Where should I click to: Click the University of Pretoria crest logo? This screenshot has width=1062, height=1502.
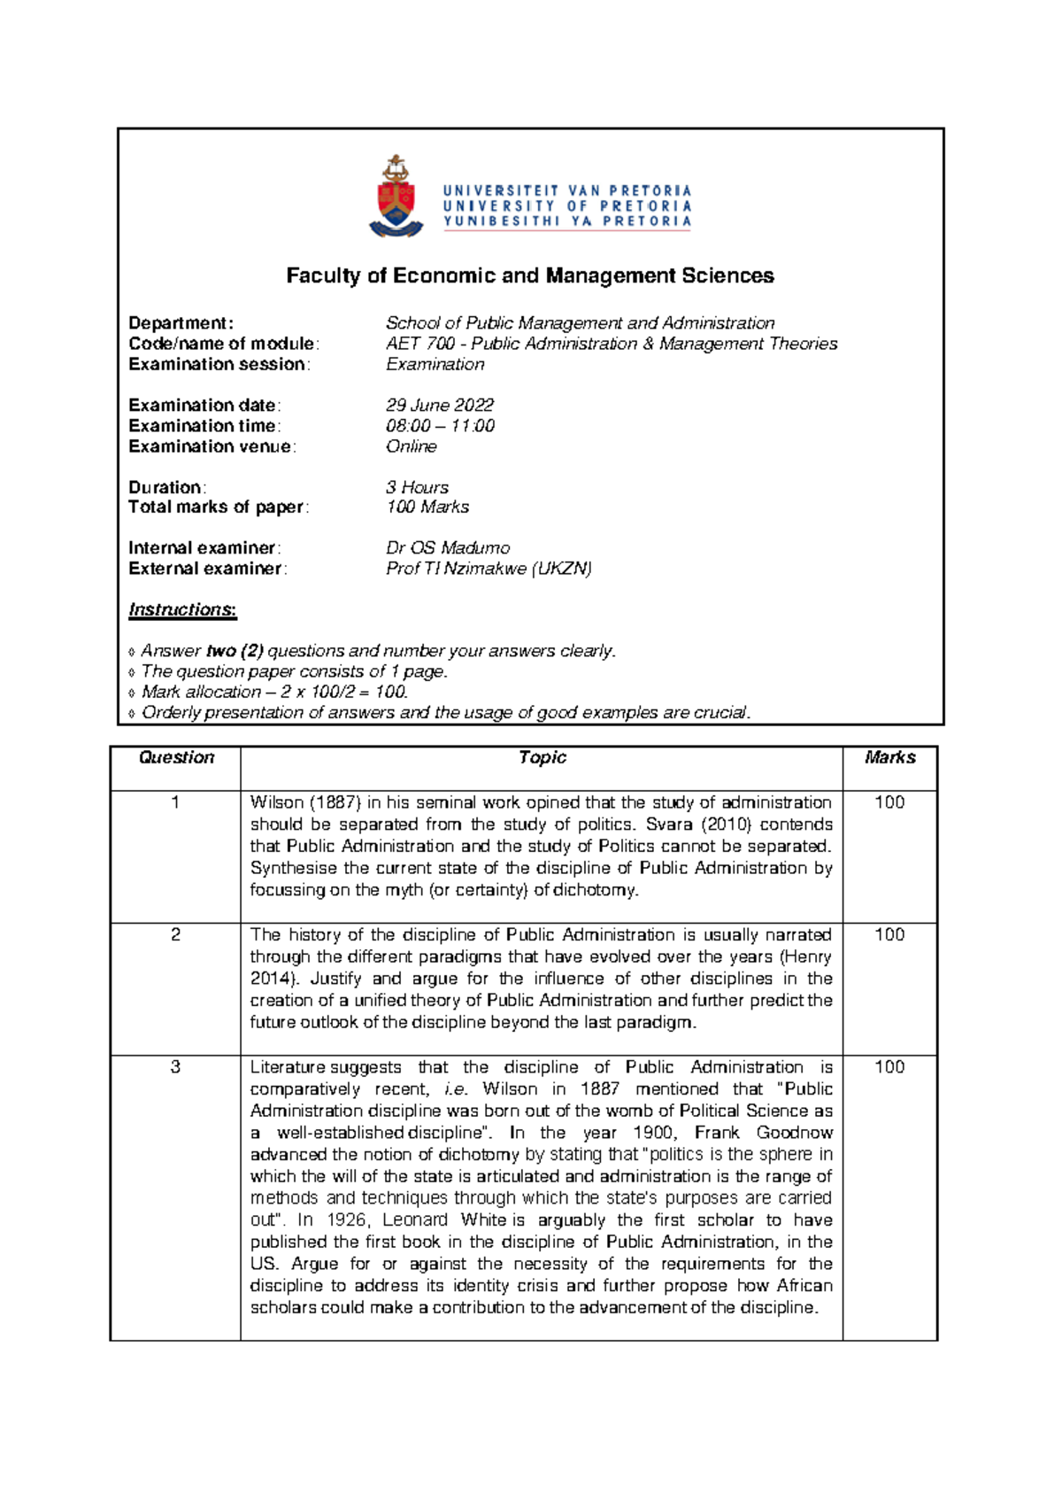(396, 197)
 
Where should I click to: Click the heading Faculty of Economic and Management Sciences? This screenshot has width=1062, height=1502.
(530, 276)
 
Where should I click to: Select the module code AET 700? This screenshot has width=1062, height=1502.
(420, 344)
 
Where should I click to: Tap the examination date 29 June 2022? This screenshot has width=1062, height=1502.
(440, 405)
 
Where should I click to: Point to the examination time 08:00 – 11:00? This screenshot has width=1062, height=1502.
(440, 426)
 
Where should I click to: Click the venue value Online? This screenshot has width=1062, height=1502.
(412, 446)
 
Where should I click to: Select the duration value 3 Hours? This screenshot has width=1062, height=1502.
(417, 487)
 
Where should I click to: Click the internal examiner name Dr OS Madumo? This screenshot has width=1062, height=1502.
(448, 548)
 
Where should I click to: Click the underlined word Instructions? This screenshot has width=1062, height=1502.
(181, 609)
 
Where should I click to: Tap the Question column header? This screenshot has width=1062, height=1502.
(176, 758)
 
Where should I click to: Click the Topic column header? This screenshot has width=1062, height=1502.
(542, 758)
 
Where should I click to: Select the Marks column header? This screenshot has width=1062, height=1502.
(889, 758)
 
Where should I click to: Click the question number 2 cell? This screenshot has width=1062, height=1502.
(175, 935)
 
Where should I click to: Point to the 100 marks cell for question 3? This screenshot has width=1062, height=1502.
(889, 1067)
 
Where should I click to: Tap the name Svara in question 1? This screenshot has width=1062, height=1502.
(669, 825)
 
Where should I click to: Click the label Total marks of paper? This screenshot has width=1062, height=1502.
(217, 507)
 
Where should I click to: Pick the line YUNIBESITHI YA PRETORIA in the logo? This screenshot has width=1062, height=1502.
(567, 221)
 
